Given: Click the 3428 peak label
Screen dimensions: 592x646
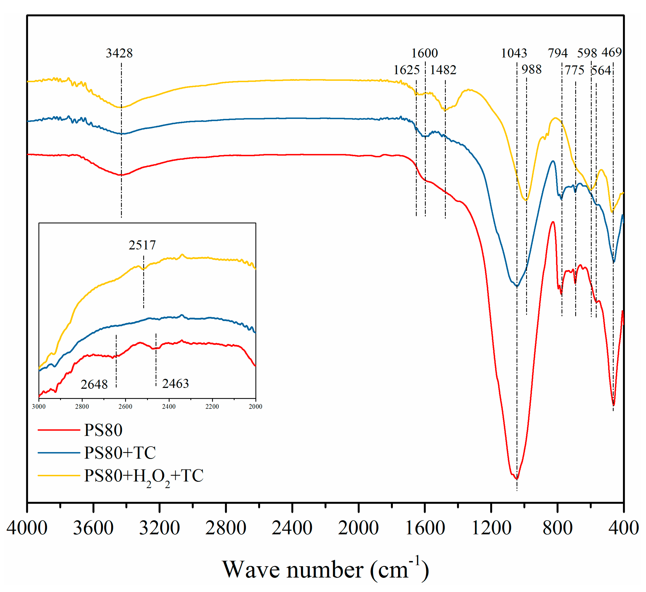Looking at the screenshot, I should click(x=119, y=53).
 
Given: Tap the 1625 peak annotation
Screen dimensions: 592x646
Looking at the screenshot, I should click(x=406, y=70).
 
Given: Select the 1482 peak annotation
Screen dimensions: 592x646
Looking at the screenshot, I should click(x=443, y=70).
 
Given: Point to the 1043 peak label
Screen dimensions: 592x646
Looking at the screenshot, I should click(x=514, y=53).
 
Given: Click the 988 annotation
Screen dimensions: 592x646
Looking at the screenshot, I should click(x=531, y=69).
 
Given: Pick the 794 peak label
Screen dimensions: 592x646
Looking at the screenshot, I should click(x=558, y=53).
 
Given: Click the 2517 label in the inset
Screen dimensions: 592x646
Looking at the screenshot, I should click(x=142, y=245).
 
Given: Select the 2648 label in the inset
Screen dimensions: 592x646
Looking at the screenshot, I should click(x=94, y=384).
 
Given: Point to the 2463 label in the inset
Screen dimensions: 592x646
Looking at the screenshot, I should click(x=175, y=383).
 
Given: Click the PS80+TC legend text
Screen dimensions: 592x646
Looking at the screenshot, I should click(x=120, y=453).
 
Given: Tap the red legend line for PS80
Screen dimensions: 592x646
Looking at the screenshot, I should click(x=59, y=430).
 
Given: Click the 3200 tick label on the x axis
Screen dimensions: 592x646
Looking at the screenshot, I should click(x=159, y=528).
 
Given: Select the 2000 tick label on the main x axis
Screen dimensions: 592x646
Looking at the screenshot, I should click(x=358, y=528).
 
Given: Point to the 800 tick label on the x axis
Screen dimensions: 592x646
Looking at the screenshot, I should click(x=558, y=528).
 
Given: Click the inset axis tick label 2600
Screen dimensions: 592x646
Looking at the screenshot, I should click(x=125, y=406).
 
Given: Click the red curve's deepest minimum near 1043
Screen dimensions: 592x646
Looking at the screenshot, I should click(x=516, y=479).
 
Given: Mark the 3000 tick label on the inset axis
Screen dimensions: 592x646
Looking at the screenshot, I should click(x=39, y=406).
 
